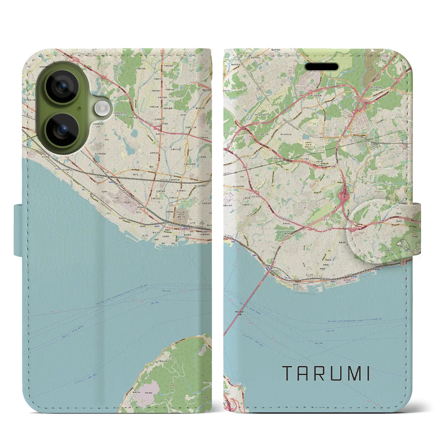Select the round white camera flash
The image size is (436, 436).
[101, 109]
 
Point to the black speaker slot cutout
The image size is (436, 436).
[322, 67]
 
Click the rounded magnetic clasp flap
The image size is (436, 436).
[385, 232]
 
